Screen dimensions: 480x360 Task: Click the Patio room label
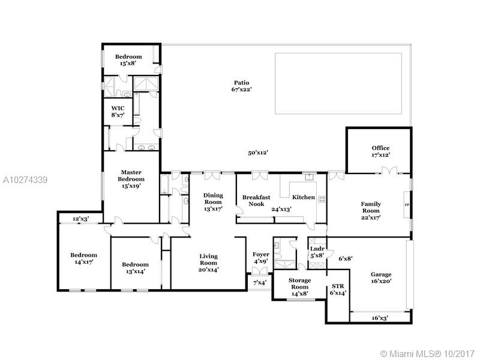(x=242, y=83)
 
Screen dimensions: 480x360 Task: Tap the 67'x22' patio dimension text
(x=242, y=89)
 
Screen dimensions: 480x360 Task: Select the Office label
(x=380, y=148)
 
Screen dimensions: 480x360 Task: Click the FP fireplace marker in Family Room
(x=407, y=205)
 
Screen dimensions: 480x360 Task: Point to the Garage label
(x=381, y=274)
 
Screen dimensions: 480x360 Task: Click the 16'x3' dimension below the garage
(x=380, y=318)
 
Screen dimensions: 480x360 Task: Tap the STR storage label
(x=338, y=286)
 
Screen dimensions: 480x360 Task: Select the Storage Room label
(x=299, y=283)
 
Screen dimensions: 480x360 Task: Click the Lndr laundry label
(x=317, y=249)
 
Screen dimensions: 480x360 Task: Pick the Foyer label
(x=261, y=254)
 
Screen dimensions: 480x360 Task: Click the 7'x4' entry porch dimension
(x=260, y=283)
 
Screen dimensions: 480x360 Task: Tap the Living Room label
(x=208, y=260)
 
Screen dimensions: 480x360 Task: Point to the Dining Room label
(x=214, y=199)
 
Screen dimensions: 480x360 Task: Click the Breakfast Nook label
(x=256, y=200)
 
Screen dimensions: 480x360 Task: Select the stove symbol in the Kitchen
(x=322, y=199)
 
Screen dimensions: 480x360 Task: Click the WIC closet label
(x=118, y=109)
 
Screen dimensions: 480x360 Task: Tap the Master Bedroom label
(x=131, y=176)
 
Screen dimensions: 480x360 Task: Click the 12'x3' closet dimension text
(x=81, y=219)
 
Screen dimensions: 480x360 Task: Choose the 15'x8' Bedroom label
(x=128, y=60)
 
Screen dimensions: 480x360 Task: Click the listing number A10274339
(x=25, y=180)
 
